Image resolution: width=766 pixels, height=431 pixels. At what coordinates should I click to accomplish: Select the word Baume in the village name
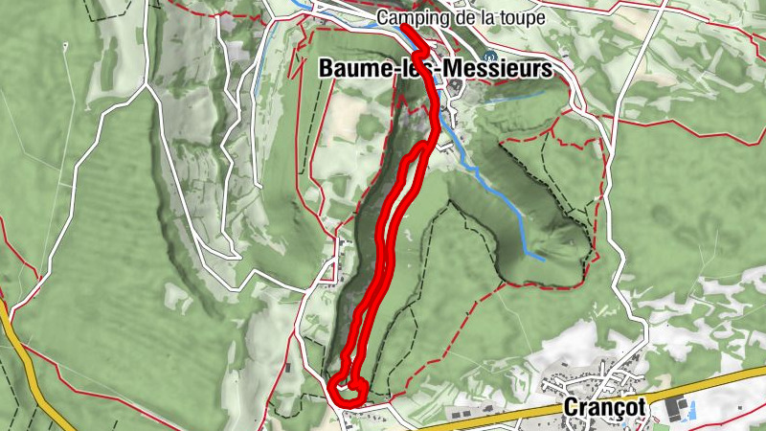(x=350, y=68)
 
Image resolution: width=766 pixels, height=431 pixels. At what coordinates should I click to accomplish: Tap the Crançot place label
(x=602, y=407)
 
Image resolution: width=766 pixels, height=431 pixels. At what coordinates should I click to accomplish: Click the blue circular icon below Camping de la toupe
(x=491, y=55)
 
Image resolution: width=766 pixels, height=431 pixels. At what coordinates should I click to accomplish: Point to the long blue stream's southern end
(x=542, y=258)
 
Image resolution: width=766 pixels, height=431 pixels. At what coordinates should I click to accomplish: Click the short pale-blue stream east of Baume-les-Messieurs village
(x=517, y=96)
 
